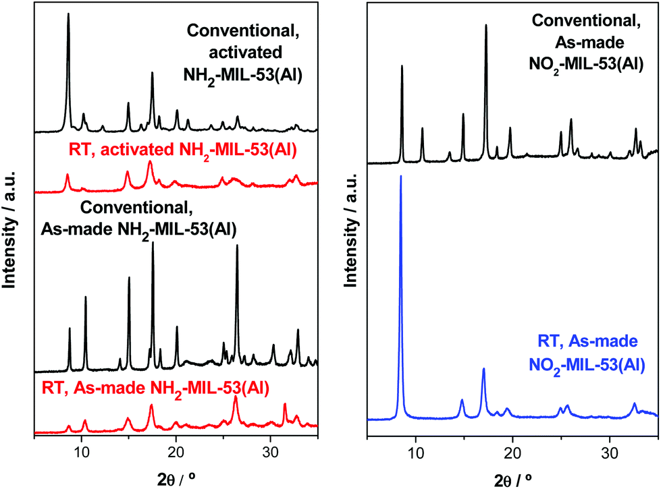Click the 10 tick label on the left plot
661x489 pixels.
coord(81,451)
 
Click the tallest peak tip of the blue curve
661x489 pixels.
coord(401,176)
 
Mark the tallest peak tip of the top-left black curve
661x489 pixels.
coord(68,14)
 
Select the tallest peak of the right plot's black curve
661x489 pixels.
coord(486,26)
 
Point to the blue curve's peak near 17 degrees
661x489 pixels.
coord(483,369)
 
